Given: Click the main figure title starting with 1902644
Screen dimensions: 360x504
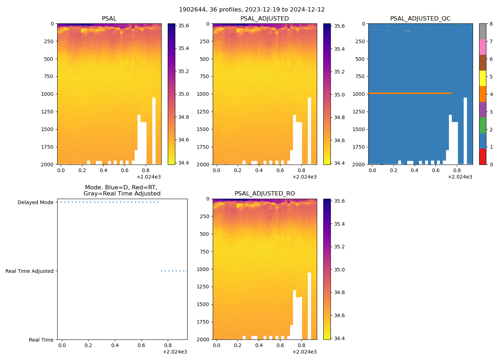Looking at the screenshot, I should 252,10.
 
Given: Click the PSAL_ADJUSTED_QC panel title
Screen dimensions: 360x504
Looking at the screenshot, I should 420,19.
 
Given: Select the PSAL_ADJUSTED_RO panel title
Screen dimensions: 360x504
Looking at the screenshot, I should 265,194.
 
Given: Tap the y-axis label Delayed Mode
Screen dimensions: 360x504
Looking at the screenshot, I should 35,202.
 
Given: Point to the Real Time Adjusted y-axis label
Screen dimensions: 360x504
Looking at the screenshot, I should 29,271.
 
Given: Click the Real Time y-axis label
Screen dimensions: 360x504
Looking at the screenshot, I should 41,340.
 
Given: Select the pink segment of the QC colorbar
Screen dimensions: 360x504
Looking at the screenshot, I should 482,47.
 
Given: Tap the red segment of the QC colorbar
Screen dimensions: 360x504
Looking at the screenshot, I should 482,157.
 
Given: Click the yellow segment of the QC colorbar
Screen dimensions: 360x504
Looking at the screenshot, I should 482,78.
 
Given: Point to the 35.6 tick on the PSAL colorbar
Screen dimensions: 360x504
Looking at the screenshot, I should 184,26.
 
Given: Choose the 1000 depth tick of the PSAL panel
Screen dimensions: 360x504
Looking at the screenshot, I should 48,94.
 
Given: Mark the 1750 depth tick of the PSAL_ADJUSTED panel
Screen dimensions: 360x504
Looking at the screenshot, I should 204,147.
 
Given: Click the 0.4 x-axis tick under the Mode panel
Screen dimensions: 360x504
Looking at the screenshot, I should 115,345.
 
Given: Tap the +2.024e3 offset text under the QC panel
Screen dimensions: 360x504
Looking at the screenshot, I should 460,177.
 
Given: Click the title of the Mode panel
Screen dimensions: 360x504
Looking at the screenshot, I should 122,190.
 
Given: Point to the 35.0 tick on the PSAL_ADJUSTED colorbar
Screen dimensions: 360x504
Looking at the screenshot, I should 339,95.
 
